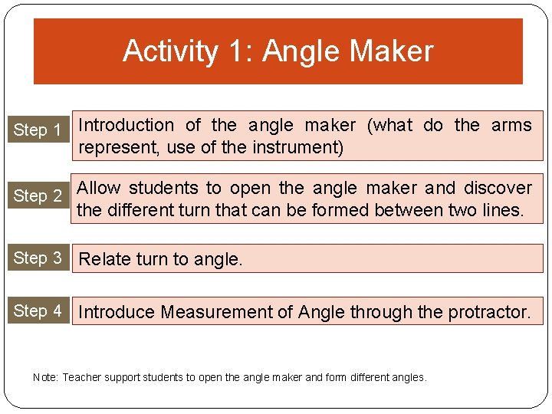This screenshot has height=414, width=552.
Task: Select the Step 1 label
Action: point(38,130)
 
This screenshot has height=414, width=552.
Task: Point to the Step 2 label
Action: point(38,195)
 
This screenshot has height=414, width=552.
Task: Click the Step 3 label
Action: point(38,258)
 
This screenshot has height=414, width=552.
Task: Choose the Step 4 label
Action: point(38,310)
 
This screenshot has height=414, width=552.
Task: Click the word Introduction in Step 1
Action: point(127,125)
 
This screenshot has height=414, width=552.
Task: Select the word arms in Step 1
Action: point(511,125)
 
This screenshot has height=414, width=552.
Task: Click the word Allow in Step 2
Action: point(100,188)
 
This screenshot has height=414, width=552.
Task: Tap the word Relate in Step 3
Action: point(105,259)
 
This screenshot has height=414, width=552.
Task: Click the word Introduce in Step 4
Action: point(116,312)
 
